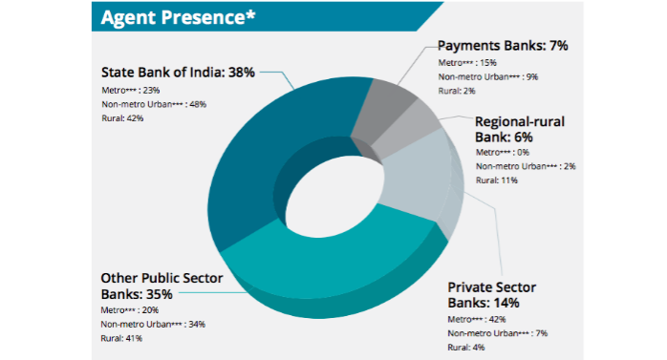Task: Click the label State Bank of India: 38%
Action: coord(177,72)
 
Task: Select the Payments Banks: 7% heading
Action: coord(502,45)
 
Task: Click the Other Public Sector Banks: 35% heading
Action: coord(161,286)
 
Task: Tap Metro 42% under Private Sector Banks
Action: coord(483,318)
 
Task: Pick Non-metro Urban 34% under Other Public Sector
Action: coord(152,324)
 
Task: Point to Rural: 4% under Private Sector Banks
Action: coord(466,347)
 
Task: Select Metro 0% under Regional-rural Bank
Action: coord(505,151)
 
